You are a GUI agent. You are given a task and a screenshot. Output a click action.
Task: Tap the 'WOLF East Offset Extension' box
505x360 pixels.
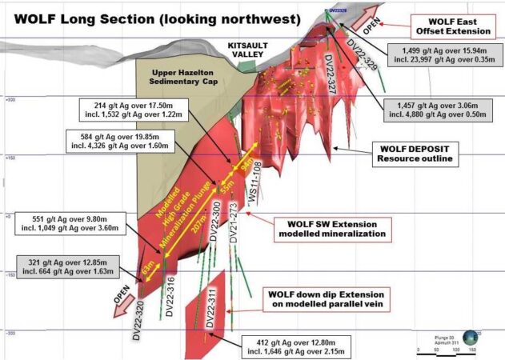pos(452,25)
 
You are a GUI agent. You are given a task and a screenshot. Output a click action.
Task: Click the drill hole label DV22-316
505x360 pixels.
pos(170,297)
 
